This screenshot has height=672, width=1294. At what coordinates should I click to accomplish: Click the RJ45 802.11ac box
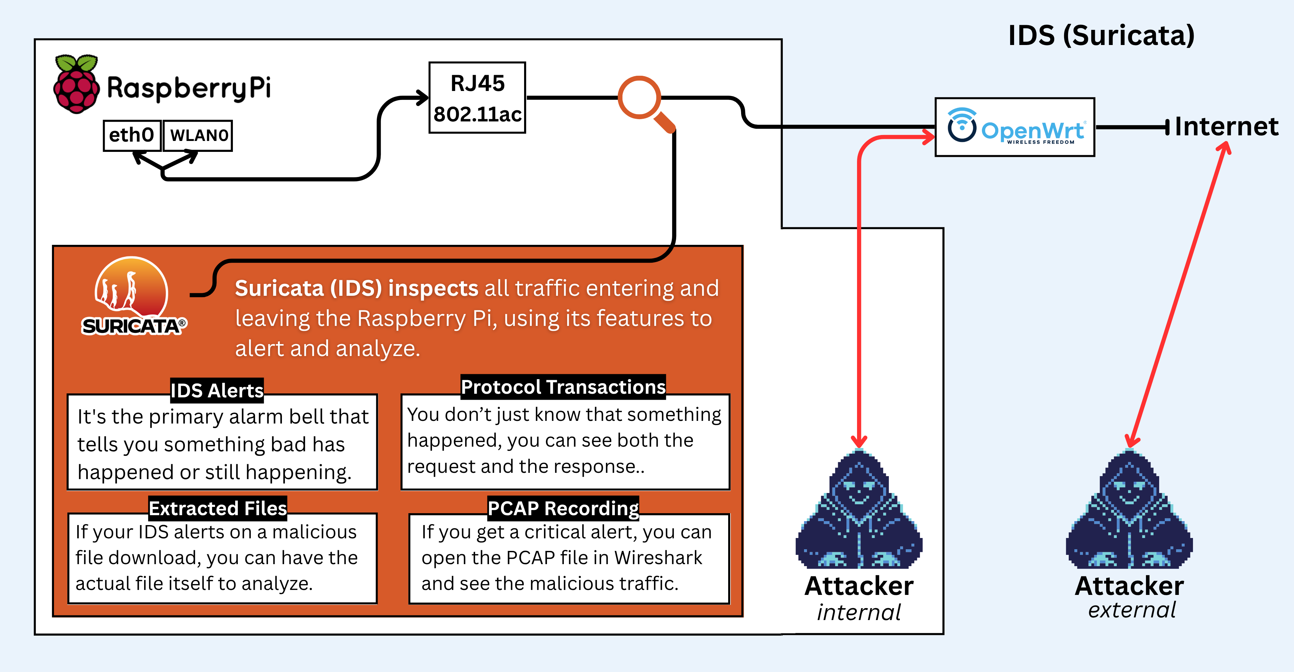(x=477, y=98)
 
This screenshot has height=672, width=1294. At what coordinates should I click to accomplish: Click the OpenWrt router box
(x=1015, y=127)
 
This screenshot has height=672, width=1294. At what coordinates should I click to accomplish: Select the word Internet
(x=1227, y=126)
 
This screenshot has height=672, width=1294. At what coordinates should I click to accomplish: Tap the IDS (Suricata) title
(x=1101, y=36)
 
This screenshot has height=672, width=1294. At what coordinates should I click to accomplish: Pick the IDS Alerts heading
(x=217, y=390)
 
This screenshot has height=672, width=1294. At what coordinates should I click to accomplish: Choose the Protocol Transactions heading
(x=563, y=387)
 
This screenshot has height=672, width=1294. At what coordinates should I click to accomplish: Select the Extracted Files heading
(x=218, y=509)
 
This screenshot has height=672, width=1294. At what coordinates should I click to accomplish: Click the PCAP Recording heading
(x=563, y=509)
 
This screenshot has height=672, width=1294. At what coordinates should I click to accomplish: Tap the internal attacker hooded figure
(x=859, y=510)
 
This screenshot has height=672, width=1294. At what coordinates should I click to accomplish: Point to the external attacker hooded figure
(x=1129, y=510)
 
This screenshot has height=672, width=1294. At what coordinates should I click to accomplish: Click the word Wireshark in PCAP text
(x=658, y=558)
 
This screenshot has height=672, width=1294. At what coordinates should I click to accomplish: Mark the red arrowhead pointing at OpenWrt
(x=927, y=137)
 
